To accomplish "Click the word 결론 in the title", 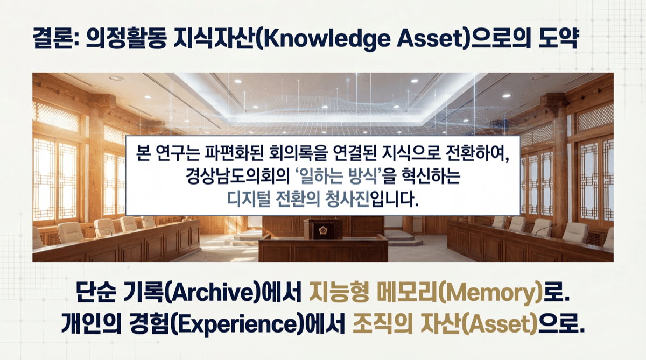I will tap(47, 40).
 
